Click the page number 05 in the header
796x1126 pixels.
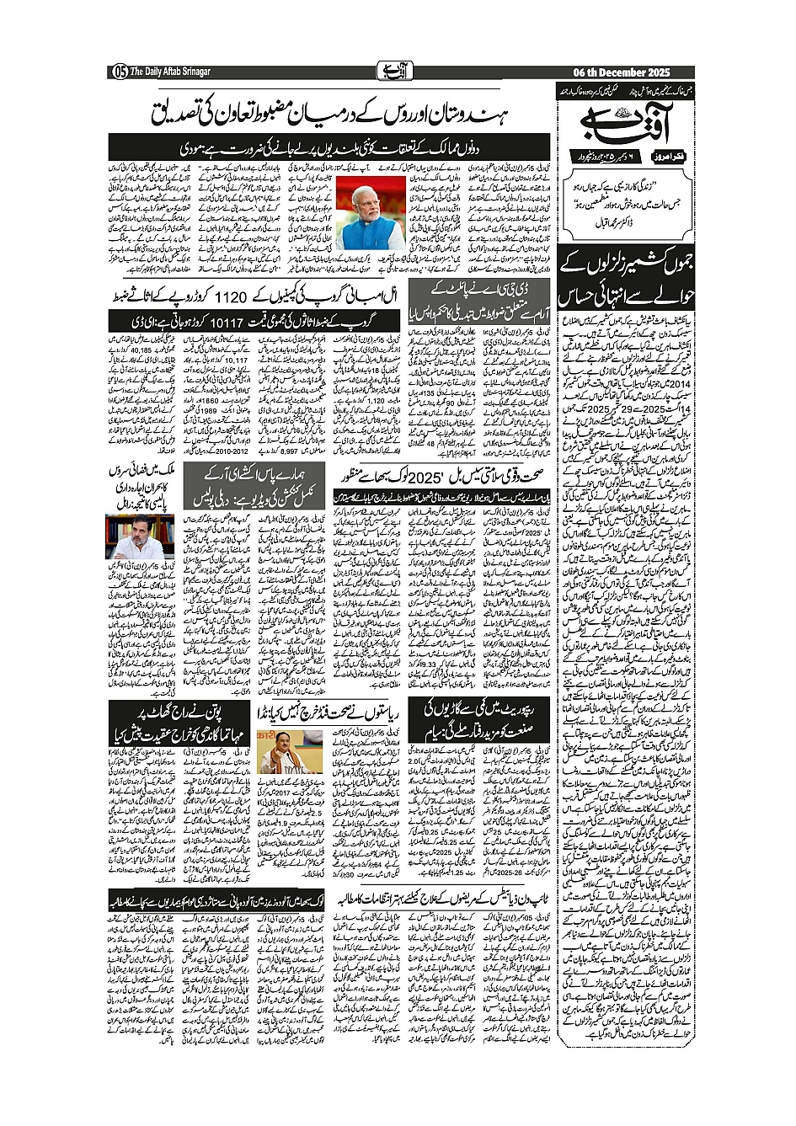(119, 72)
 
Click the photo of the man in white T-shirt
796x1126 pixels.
(128, 536)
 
